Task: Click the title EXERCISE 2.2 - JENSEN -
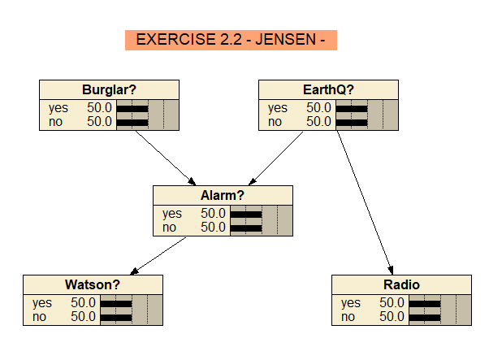(231, 39)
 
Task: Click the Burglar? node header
(109, 89)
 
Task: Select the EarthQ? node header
(327, 89)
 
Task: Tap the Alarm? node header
(222, 195)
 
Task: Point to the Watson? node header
(93, 284)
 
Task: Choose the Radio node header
(400, 284)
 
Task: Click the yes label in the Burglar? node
(58, 107)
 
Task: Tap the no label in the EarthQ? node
(275, 121)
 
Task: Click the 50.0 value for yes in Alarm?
(214, 214)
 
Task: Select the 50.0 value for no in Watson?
(83, 317)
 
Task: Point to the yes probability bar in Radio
(424, 303)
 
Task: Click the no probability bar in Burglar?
(132, 122)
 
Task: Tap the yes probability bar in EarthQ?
(351, 108)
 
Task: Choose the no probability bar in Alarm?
(246, 228)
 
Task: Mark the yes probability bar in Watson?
(115, 303)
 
